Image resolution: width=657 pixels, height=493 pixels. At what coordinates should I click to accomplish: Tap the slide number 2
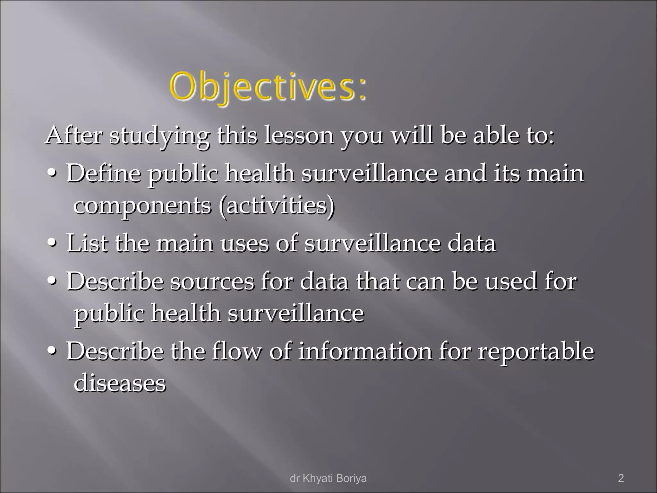(621, 478)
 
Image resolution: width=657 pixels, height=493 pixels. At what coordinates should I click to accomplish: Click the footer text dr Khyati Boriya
(328, 478)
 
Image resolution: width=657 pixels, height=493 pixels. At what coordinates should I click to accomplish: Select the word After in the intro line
(74, 135)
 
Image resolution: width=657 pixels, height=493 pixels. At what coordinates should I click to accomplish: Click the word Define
(104, 173)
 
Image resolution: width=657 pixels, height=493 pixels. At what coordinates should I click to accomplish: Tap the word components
(142, 206)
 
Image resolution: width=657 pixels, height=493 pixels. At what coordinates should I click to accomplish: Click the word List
(87, 243)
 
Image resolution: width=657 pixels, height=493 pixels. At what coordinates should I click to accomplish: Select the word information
(365, 351)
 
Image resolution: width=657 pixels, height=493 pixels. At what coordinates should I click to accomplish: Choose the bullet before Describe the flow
(52, 351)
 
